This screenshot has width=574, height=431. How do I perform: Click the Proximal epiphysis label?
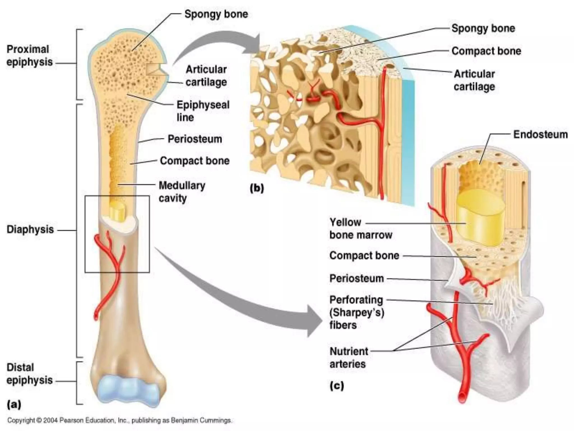tap(29, 56)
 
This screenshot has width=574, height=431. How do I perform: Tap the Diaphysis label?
tap(30, 230)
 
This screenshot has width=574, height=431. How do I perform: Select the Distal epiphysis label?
tap(29, 374)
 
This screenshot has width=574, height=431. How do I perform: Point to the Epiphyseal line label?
tap(203, 111)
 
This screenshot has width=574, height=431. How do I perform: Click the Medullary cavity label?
tap(182, 192)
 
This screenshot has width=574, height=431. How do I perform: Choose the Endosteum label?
tap(540, 135)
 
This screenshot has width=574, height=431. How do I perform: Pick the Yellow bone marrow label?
tap(360, 228)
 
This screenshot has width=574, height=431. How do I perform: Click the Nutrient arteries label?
tap(349, 357)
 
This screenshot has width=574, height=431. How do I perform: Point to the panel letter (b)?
tap(257, 188)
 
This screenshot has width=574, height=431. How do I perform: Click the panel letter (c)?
tap(336, 386)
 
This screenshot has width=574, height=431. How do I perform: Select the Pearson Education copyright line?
tap(119, 420)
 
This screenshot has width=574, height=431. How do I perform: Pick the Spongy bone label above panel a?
tap(216, 14)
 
